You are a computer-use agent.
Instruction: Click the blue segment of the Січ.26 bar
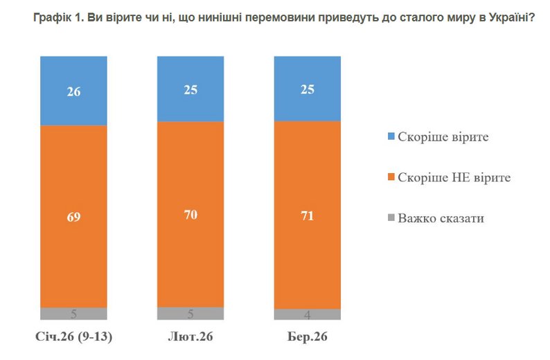click(73, 90)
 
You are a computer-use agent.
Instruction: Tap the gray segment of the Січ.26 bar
click(73, 314)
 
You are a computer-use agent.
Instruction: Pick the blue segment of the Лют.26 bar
click(190, 89)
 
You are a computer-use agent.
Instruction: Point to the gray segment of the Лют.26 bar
click(190, 313)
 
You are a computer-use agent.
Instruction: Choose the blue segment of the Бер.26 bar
click(308, 89)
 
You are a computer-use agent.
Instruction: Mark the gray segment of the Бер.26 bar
click(308, 314)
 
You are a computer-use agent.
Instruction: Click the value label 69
click(73, 217)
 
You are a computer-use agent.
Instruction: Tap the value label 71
click(308, 216)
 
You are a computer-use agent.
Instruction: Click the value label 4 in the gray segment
click(308, 315)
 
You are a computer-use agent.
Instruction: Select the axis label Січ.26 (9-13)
click(73, 338)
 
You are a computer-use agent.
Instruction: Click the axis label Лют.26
click(190, 338)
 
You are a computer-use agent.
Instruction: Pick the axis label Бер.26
click(307, 338)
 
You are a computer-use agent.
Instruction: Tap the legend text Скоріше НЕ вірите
click(454, 178)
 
